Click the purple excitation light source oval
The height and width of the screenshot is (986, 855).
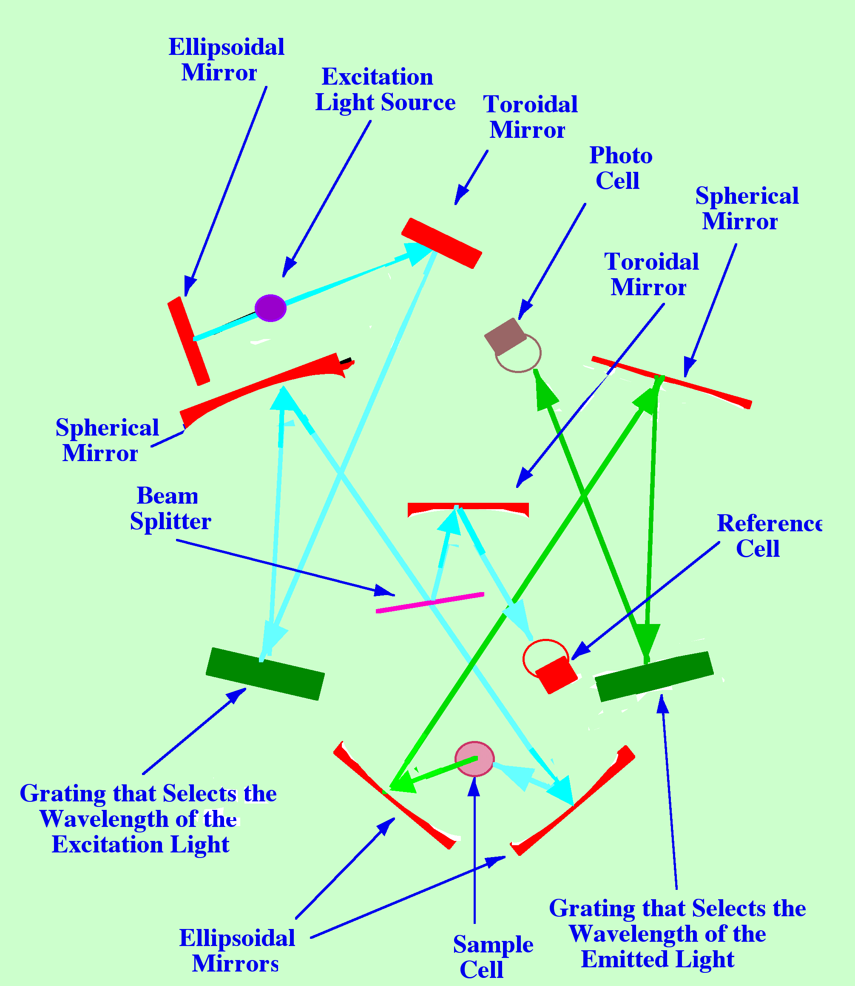(x=270, y=308)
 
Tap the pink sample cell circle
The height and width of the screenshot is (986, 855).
(x=474, y=759)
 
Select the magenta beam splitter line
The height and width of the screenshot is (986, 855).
(x=430, y=603)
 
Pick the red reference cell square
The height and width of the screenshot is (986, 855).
(x=556, y=674)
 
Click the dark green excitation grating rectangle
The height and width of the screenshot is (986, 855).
(x=265, y=673)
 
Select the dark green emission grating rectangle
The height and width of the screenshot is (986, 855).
(x=654, y=676)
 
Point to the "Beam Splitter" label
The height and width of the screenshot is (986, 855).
(x=170, y=509)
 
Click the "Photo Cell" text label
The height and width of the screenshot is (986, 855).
(x=620, y=168)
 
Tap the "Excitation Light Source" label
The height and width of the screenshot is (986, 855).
(x=385, y=90)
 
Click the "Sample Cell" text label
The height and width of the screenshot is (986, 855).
(x=492, y=956)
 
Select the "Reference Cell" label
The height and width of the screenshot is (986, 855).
(x=768, y=536)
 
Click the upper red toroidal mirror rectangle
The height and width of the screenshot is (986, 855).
(x=441, y=243)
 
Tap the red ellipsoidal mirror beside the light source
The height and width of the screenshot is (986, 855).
(x=188, y=341)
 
